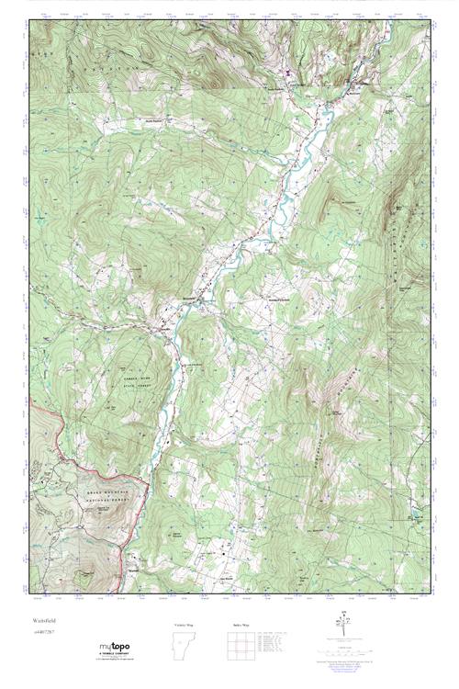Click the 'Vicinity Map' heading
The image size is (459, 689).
point(185,624)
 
